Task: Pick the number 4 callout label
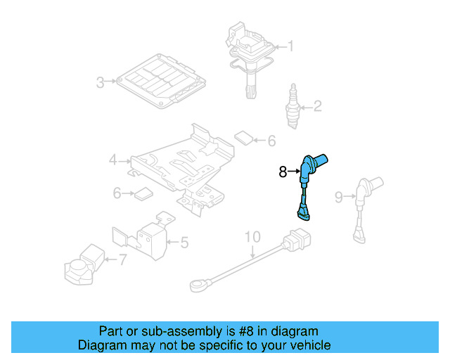click(112, 161)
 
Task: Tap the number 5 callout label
click(184, 243)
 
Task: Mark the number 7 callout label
click(122, 260)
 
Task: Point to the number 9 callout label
click(338, 198)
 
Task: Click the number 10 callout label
click(252, 237)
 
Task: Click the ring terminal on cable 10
click(198, 285)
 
